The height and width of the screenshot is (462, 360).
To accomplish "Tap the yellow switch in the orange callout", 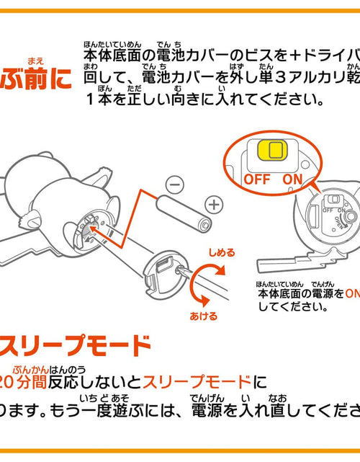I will pos(273,150).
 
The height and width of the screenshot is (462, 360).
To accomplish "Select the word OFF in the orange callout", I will pos(256,177).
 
